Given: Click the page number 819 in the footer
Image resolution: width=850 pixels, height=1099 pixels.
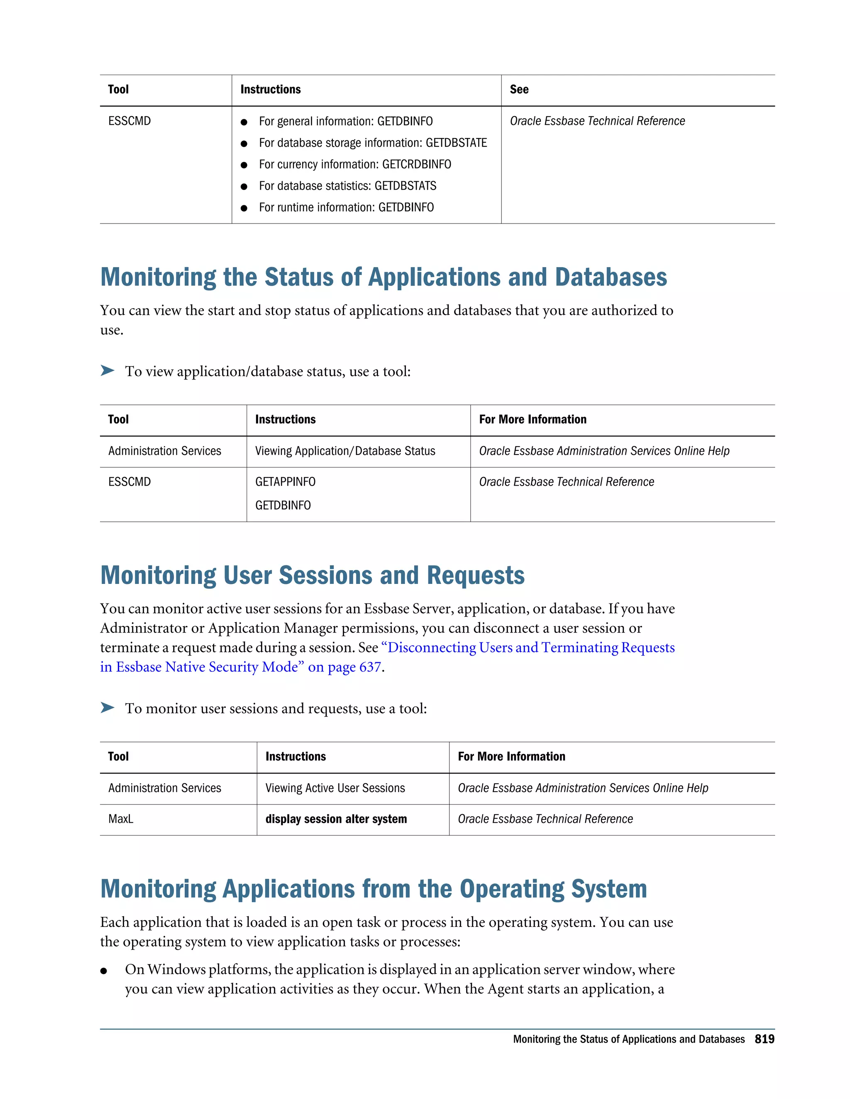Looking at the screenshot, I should pos(764,1039).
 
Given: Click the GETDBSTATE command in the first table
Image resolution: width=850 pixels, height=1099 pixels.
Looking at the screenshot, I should pos(456,143).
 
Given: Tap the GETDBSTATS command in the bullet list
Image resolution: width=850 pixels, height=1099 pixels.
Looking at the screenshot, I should pos(405,186).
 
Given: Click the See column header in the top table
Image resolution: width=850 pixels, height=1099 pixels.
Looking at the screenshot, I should pos(519,90).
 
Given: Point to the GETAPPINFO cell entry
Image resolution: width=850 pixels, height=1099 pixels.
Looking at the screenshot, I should pos(285,482).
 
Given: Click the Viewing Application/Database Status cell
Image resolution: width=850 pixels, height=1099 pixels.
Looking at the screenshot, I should pos(345,451).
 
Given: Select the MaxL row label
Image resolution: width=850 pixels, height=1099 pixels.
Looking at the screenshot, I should pos(121,819).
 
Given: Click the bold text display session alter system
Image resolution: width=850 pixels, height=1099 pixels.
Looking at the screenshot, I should pos(336,819).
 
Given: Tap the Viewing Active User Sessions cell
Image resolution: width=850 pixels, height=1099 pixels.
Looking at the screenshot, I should pos(335,788).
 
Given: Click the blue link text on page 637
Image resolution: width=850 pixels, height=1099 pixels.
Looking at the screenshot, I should pos(344,667).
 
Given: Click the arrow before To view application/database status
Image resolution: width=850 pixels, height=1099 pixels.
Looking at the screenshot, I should pos(107,371).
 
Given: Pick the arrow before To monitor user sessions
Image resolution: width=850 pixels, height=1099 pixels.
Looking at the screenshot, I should pos(107,708).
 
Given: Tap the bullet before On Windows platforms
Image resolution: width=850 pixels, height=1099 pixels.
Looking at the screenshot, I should pos(104,971).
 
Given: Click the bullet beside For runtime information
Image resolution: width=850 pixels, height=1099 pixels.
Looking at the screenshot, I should pos(244,208).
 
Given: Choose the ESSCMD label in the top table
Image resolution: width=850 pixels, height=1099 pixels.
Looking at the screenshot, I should pos(129,121).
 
